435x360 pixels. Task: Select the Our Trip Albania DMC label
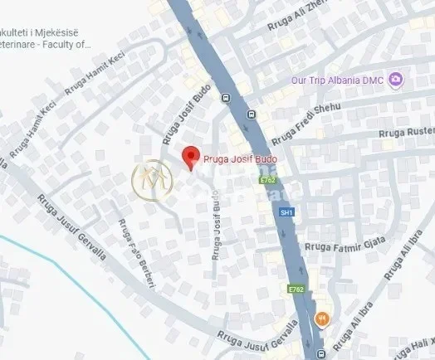tap(345, 80)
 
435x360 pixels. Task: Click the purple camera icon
tap(397, 80)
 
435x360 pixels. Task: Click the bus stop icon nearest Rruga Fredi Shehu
tap(249, 115)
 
